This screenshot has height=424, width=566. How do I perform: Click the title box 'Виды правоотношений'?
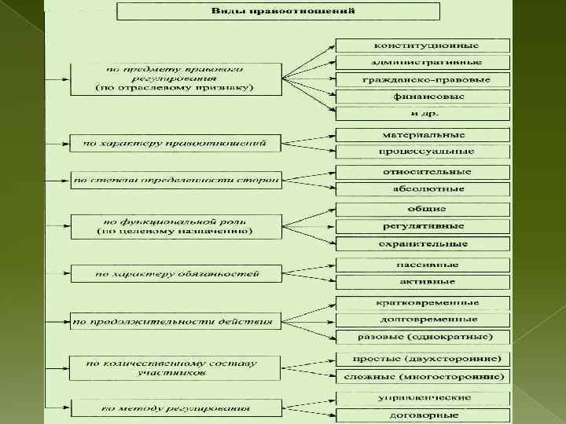279,12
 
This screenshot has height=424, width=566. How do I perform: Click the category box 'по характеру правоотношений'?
175,143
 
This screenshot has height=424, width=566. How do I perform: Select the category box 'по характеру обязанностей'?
175,274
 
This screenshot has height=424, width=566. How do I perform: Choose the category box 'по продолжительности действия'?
175,320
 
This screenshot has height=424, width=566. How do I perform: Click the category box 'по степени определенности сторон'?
175,180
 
